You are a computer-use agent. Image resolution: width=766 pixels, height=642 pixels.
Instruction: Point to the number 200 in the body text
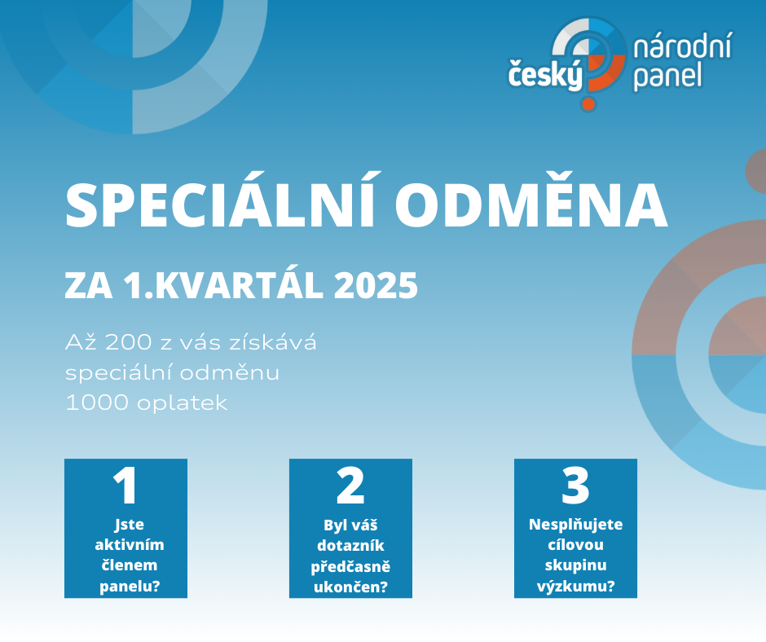(128, 342)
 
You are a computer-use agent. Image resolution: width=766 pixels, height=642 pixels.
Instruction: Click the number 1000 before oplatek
(97, 402)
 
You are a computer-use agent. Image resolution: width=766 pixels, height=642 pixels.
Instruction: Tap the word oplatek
(183, 403)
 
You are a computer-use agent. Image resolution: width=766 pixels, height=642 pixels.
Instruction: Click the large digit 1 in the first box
(125, 486)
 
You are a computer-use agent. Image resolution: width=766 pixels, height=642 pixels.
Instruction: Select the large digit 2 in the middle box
(350, 486)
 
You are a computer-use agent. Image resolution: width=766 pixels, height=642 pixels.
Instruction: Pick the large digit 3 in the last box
(575, 486)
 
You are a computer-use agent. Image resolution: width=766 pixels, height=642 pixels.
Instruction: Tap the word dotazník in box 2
(350, 545)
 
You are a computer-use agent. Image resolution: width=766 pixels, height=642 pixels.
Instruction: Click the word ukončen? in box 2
(350, 587)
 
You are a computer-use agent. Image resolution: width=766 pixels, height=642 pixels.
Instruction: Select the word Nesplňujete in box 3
(575, 525)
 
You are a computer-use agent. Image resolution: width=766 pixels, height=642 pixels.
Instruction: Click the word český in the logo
(546, 74)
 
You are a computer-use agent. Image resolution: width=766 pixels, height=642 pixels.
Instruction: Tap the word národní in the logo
(682, 47)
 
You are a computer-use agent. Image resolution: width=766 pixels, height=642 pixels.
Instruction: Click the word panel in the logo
(667, 77)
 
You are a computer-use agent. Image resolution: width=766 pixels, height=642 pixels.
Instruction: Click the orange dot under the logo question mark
(588, 103)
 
